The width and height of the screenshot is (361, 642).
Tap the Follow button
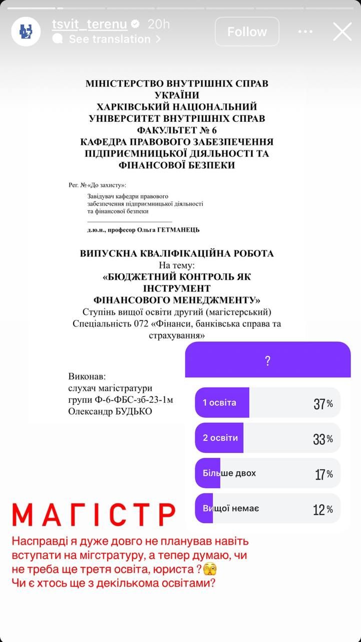click(x=247, y=32)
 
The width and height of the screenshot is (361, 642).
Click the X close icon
click(x=342, y=32)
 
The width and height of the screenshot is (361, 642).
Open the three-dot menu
click(x=305, y=32)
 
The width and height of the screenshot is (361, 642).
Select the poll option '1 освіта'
click(x=219, y=402)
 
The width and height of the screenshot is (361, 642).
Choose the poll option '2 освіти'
click(x=220, y=437)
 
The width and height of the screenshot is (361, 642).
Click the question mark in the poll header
click(x=268, y=360)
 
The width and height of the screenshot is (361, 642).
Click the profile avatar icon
click(x=26, y=32)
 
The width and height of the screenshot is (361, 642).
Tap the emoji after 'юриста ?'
click(x=210, y=570)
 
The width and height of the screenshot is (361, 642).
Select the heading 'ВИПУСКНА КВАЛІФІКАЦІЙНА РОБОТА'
click(x=177, y=253)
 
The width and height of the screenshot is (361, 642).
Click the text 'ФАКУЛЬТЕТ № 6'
click(x=177, y=130)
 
